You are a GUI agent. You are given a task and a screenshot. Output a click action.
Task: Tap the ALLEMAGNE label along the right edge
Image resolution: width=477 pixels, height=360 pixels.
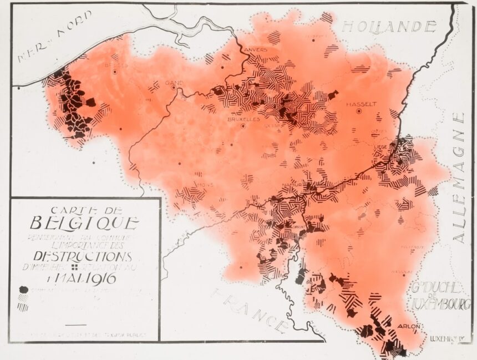pos(459,178)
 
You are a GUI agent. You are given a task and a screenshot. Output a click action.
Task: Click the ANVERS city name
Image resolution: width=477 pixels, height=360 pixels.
pos(256,49)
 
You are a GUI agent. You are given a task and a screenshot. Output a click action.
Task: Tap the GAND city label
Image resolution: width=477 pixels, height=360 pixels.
pos(174,83)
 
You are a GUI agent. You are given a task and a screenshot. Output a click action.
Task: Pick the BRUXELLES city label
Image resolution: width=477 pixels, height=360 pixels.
pos(243,119)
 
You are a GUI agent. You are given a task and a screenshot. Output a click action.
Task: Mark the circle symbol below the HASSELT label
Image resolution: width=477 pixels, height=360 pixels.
pos(359,111)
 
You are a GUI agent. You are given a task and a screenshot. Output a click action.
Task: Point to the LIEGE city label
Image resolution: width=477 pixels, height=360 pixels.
pos(381,146)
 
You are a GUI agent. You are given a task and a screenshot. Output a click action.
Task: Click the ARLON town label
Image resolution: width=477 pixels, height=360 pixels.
pos(408,326)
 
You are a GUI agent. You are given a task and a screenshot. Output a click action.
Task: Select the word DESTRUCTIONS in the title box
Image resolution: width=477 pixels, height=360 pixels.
pos(83,256)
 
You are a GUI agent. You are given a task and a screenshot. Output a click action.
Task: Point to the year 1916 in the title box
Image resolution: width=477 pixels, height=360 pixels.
pos(105,277)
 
